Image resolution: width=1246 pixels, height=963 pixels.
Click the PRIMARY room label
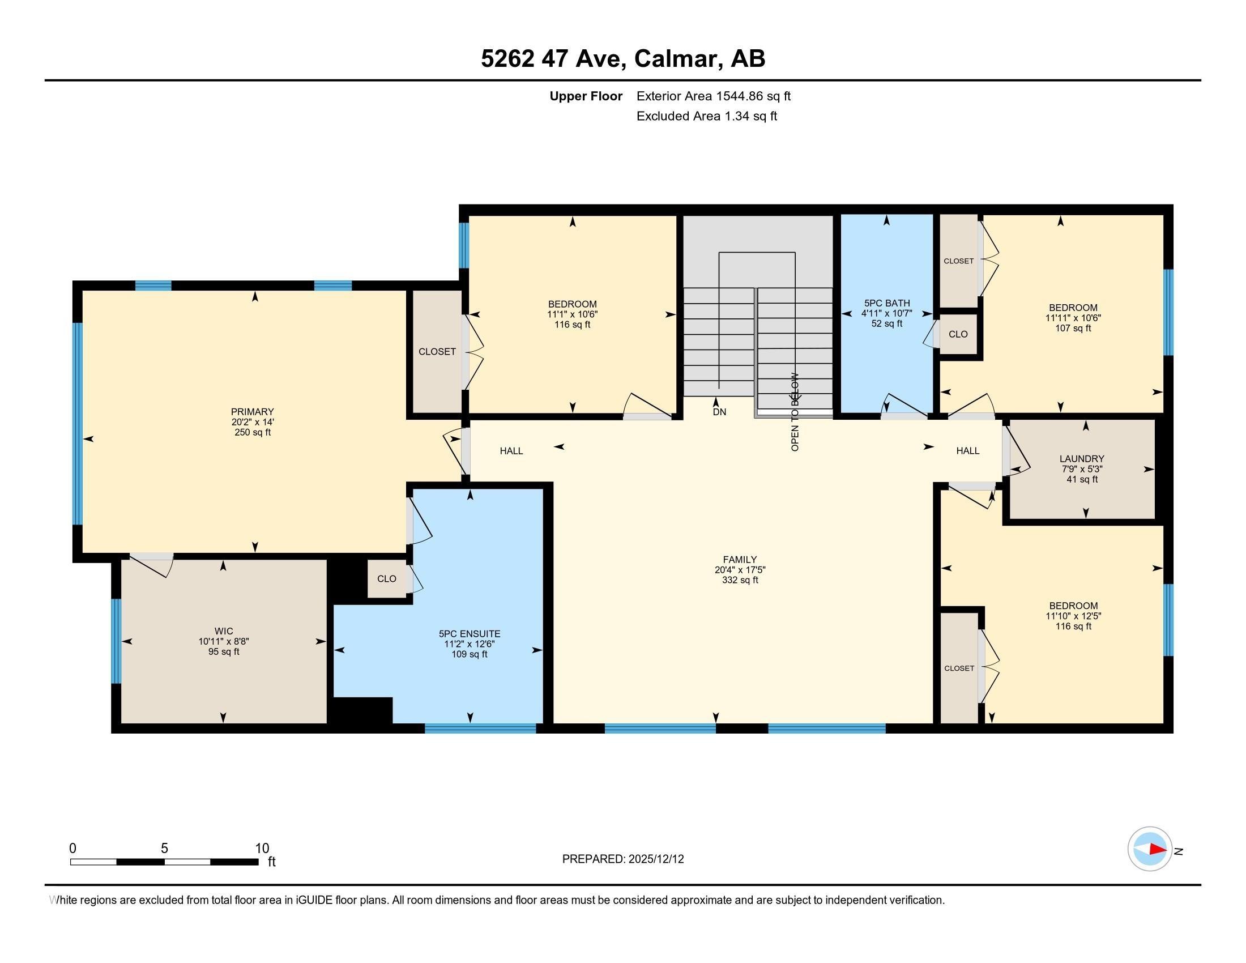252,412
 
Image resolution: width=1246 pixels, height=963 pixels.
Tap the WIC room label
224,631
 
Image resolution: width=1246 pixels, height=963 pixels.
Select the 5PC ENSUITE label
470,634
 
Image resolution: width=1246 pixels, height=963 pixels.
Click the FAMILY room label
739,560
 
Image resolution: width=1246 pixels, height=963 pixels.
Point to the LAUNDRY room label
1082,459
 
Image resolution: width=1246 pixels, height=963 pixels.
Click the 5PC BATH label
886,304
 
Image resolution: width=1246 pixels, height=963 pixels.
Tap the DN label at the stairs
719,412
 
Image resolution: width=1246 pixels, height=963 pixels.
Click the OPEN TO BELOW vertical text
795,412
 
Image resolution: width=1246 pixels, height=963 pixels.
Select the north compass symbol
1150,849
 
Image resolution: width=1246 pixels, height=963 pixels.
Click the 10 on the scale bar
262,849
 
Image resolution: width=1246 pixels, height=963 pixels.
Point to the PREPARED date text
622,859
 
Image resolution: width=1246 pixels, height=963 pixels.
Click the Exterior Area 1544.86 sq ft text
713,96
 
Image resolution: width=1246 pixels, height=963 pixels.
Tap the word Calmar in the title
676,59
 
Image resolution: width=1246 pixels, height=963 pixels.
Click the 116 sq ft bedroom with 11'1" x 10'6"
572,314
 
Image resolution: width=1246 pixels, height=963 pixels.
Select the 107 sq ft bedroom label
1073,318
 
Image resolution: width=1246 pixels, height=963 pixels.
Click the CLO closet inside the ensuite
387,579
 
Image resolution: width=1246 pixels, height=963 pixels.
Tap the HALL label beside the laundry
967,451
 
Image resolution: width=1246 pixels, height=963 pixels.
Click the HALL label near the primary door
511,451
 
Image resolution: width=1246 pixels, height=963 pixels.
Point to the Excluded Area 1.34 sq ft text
706,116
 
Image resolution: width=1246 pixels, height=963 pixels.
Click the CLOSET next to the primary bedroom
437,352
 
